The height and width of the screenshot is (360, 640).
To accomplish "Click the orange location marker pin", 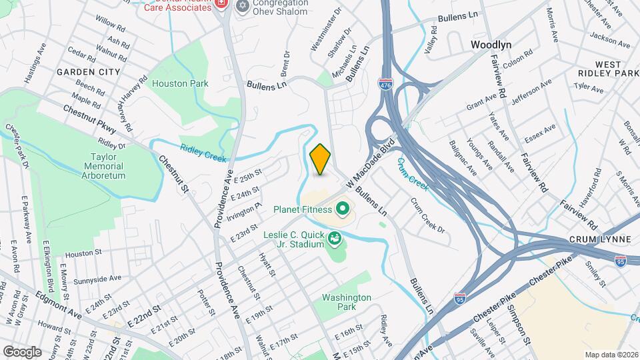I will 320,159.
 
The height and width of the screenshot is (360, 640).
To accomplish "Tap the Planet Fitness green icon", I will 343,210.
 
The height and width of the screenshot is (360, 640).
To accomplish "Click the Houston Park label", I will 180,83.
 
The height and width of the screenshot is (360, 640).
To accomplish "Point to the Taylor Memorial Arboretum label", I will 99,165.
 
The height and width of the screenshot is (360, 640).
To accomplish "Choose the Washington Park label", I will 345,302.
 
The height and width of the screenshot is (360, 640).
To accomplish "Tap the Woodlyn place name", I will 491,45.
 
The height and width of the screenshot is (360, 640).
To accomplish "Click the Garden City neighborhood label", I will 88,71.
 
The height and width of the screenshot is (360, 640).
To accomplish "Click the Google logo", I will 23,351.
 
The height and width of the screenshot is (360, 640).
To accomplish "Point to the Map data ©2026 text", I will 611,354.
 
